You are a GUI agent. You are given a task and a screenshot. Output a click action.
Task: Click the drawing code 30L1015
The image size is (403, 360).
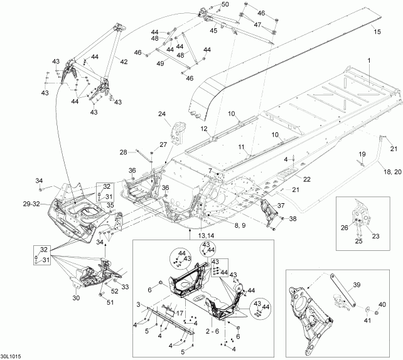11,356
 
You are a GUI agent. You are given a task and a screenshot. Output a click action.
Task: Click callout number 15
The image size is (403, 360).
377,32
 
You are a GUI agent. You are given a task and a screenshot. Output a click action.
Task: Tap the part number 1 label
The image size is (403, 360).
369,61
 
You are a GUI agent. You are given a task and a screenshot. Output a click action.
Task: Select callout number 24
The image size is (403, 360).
162,114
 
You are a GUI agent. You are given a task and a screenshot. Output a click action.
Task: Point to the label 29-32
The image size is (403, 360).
31,204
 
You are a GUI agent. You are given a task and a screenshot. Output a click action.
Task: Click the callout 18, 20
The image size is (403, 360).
392,172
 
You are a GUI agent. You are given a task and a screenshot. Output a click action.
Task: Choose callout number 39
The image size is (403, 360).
357,285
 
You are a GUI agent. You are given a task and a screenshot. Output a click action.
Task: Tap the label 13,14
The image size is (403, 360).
206,235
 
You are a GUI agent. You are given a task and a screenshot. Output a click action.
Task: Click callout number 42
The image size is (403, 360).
124,62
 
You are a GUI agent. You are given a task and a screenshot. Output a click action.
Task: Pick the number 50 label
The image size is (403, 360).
225,4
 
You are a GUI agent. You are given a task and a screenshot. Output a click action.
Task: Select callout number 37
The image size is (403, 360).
281,206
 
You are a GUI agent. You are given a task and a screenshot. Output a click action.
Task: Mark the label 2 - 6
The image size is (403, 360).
212,331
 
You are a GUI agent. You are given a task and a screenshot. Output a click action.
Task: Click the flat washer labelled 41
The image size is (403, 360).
367,309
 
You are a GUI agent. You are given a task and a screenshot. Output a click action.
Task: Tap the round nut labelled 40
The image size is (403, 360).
377,313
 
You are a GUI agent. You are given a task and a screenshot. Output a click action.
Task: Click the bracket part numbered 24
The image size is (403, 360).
178,134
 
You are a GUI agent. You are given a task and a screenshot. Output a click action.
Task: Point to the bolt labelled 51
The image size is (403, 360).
100,295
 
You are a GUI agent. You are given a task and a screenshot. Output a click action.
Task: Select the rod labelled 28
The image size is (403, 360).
144,156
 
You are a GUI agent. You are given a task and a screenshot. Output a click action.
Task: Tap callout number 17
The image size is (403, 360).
180,313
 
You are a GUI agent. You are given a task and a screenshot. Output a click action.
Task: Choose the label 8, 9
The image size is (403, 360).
239,225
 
